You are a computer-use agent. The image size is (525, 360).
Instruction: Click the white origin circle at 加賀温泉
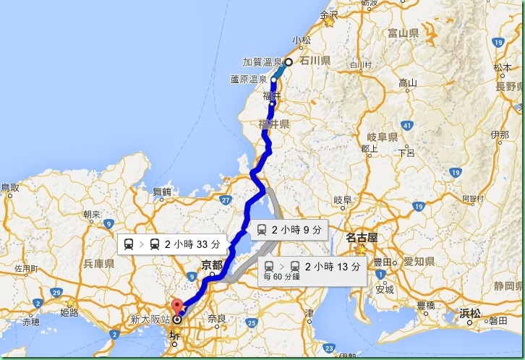(288, 62)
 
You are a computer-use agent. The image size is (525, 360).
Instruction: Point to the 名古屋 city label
(362, 237)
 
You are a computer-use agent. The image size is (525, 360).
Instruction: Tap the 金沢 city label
(329, 14)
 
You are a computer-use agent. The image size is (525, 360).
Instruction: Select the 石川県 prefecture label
(315, 61)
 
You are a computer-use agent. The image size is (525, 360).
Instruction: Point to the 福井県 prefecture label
(274, 125)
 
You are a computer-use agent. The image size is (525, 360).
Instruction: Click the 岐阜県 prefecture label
(383, 137)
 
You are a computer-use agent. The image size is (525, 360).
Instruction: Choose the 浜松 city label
(469, 314)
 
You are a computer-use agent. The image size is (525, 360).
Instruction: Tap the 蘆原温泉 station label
(248, 79)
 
